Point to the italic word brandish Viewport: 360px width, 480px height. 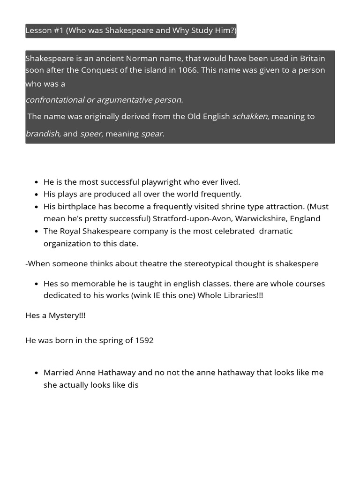point(43,134)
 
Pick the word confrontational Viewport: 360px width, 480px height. point(55,100)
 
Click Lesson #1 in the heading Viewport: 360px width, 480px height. point(44,31)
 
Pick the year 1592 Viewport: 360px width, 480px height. point(144,340)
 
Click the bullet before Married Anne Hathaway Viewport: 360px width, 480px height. point(37,373)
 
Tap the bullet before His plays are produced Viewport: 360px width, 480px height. point(37,194)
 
